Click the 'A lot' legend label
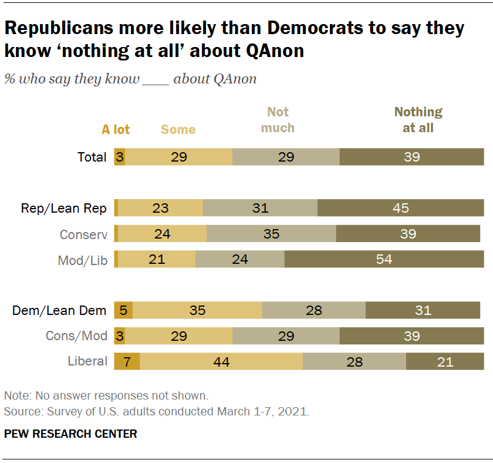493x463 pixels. [x=116, y=130]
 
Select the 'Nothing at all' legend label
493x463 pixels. [x=418, y=120]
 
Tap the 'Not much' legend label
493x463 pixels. [x=278, y=120]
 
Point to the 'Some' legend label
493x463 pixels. [x=178, y=130]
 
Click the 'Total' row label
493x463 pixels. [x=92, y=157]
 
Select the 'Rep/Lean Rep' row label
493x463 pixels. [x=64, y=208]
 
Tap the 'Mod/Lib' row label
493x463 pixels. [x=83, y=260]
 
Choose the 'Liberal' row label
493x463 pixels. [x=89, y=361]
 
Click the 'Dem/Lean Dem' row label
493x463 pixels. [x=59, y=310]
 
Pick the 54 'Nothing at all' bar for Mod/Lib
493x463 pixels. [x=384, y=260]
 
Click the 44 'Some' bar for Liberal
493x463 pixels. [x=221, y=361]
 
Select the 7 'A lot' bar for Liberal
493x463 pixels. [x=127, y=361]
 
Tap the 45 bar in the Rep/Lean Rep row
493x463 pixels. [x=400, y=208]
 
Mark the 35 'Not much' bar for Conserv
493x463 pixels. [x=271, y=234]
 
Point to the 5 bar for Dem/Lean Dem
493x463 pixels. [x=123, y=310]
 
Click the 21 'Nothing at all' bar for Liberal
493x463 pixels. [x=445, y=361]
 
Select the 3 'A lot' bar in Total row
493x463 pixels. [x=119, y=157]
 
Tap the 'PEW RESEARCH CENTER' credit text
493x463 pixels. [x=70, y=434]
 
